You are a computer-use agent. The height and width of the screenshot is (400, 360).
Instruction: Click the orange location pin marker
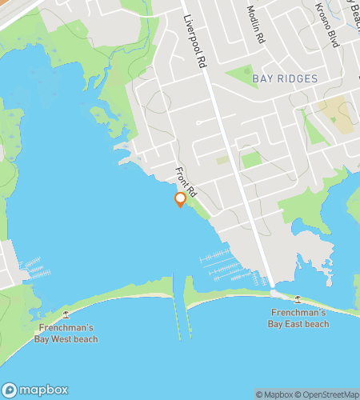click(x=181, y=199)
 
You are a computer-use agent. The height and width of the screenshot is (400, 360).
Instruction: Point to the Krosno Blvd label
click(x=328, y=26)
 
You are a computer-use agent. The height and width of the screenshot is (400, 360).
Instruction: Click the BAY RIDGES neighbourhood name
click(x=285, y=78)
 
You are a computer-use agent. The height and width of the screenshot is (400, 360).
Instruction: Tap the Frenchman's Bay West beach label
click(x=66, y=334)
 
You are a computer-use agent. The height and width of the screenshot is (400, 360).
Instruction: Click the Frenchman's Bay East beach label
click(x=299, y=318)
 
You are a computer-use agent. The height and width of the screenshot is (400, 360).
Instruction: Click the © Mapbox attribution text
click(x=274, y=394)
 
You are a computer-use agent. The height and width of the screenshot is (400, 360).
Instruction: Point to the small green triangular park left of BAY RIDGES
click(x=241, y=77)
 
